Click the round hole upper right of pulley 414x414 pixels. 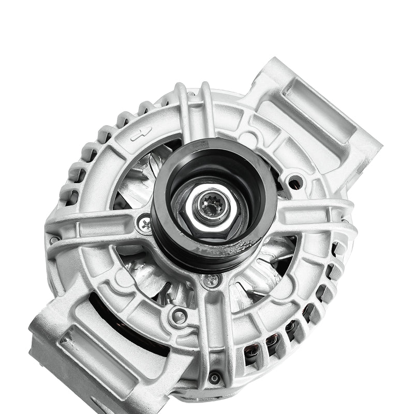[x=295, y=182]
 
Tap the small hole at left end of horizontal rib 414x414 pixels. [x=54, y=240]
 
